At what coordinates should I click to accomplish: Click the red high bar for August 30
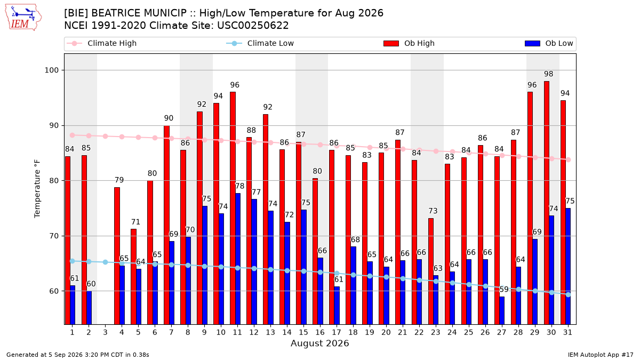(x=547, y=203)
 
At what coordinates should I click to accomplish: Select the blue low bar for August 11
(x=238, y=259)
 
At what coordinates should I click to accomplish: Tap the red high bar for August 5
(x=133, y=277)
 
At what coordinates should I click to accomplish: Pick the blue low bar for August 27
(x=502, y=310)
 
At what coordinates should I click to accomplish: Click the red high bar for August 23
(x=431, y=271)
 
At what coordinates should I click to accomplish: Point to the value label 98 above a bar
(x=549, y=74)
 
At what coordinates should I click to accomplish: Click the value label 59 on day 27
(x=504, y=290)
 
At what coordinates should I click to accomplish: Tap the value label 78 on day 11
(x=239, y=186)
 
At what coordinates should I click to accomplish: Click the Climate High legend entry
(x=101, y=43)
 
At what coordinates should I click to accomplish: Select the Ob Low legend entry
(x=549, y=43)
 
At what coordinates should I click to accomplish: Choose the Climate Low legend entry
(x=260, y=43)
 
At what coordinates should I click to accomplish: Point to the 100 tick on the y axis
(x=51, y=70)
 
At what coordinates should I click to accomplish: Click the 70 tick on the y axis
(x=54, y=236)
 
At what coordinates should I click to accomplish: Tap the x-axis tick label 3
(x=105, y=332)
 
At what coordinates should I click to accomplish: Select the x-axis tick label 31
(x=567, y=332)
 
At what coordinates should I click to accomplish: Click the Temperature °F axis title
(x=37, y=189)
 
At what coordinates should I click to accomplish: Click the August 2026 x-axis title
(x=320, y=343)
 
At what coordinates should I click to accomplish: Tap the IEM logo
(x=23, y=18)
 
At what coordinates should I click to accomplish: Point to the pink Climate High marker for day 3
(x=105, y=137)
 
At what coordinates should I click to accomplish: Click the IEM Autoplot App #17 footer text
(x=601, y=355)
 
